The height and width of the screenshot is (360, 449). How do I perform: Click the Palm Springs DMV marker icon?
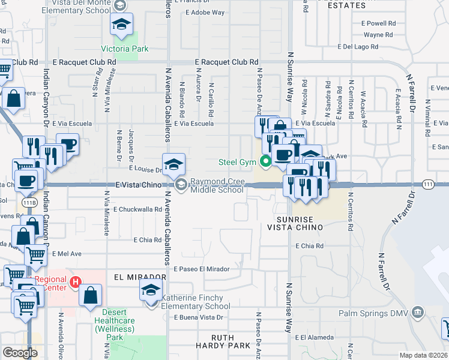[418, 311]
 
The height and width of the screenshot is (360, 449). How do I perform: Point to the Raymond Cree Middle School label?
[217, 185]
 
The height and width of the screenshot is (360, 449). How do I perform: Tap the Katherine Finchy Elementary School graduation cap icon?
[150, 291]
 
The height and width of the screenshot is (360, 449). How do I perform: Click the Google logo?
[20, 353]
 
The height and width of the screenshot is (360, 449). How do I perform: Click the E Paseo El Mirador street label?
[202, 269]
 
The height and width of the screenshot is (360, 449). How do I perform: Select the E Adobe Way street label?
[205, 12]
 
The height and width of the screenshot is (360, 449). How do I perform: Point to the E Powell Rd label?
[378, 23]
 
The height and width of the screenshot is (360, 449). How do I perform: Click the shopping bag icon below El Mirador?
[90, 295]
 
